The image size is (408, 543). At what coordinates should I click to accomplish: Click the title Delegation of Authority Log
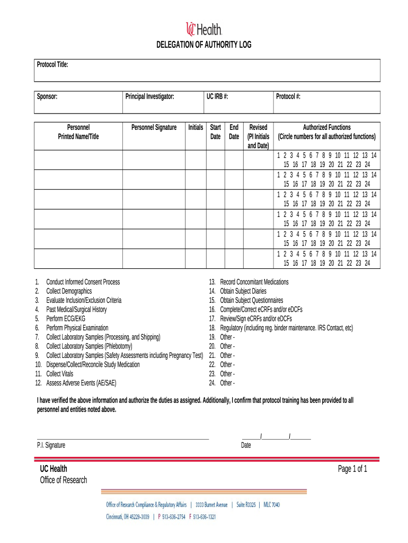point(203,45)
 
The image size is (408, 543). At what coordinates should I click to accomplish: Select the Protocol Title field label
point(52,65)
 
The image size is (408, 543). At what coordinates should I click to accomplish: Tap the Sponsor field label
point(47,97)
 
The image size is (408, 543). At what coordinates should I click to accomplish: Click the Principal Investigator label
point(149,97)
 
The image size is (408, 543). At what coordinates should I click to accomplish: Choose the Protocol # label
point(288,97)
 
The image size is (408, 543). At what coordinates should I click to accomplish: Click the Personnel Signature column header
point(154,127)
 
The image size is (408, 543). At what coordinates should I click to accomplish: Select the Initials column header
point(196,127)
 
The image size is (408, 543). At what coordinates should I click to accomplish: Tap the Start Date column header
point(216,132)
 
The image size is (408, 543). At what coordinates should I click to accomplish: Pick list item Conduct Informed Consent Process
point(83,282)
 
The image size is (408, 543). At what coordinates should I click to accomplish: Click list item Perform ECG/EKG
point(66,319)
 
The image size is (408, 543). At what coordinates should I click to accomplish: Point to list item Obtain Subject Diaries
point(243,291)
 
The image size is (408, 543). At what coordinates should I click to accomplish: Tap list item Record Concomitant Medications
point(254,282)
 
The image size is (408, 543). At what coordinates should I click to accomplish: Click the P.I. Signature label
point(51,445)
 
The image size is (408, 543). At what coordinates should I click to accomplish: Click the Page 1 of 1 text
point(352,469)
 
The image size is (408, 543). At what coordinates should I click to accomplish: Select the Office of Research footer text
point(63,480)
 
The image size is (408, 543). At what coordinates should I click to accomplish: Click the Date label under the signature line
point(246,445)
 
